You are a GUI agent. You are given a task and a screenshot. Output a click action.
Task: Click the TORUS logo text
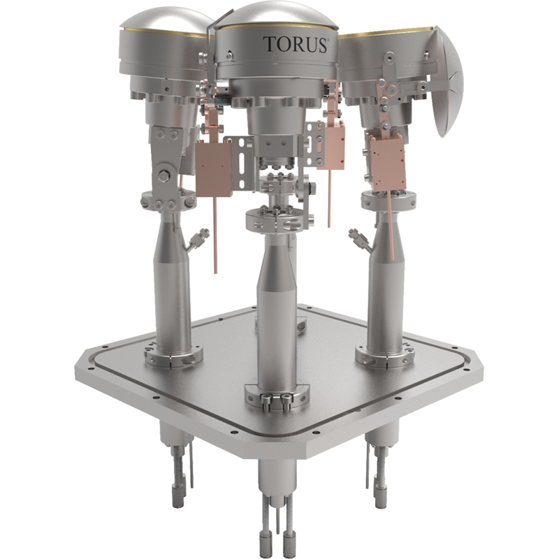coord(296,45)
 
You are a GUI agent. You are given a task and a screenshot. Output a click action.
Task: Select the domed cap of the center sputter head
coord(277,15)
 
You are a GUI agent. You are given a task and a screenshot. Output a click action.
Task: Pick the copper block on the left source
coord(214,167)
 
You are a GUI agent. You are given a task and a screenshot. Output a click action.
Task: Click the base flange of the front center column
coord(277,396)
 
